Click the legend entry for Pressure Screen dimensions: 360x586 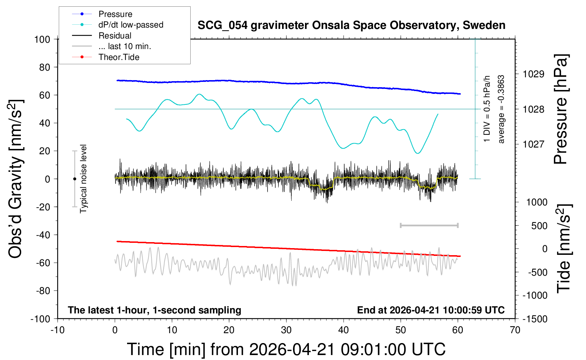(x=115, y=14)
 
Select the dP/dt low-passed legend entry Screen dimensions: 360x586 (x=131, y=25)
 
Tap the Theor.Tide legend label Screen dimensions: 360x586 (x=119, y=57)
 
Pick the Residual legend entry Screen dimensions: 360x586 (x=115, y=36)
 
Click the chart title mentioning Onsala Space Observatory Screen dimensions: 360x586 (x=351, y=25)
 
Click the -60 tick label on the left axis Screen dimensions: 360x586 (x=43, y=263)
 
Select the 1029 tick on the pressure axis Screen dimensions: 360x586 (x=533, y=74)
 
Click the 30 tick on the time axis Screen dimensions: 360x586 (x=286, y=330)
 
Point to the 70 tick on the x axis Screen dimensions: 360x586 (x=515, y=330)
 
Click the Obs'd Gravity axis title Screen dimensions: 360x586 (x=16, y=179)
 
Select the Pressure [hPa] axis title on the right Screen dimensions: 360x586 (x=561, y=109)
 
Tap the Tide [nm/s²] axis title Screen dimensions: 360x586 (x=564, y=248)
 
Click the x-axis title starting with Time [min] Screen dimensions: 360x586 (x=286, y=349)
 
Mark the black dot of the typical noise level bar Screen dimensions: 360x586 (x=74, y=179)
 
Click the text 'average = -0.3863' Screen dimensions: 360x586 (x=501, y=109)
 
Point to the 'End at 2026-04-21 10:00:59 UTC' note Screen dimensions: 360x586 (x=431, y=310)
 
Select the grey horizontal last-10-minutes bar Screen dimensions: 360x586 (x=429, y=225)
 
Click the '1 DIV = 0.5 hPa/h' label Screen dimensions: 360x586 (x=487, y=109)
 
